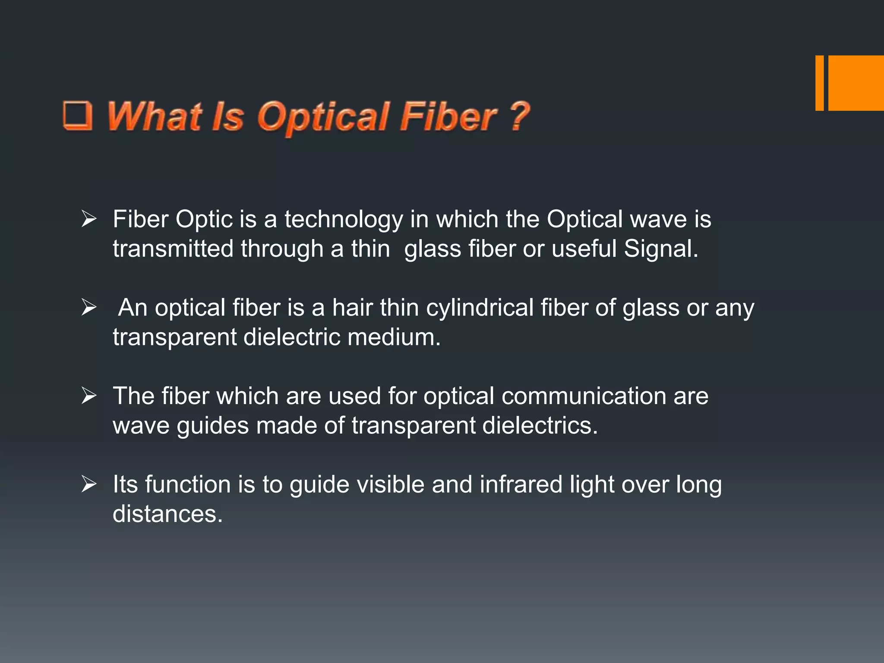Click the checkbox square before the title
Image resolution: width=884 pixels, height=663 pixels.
(x=78, y=115)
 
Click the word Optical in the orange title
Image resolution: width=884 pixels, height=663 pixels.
(x=324, y=117)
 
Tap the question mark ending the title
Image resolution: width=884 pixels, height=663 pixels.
(x=519, y=115)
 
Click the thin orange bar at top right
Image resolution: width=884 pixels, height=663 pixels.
(x=819, y=83)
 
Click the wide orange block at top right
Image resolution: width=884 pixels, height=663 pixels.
(x=856, y=83)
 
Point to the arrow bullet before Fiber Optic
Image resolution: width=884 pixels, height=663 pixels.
(x=88, y=219)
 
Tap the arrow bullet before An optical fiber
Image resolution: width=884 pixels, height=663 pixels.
(x=88, y=308)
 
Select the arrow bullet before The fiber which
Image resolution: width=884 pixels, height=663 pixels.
(x=88, y=396)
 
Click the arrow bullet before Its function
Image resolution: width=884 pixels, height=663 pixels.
(x=88, y=484)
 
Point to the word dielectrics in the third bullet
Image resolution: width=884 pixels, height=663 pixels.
(x=540, y=426)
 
